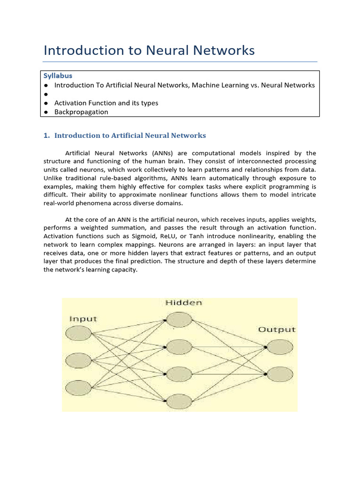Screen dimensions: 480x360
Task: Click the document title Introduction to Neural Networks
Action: (x=149, y=50)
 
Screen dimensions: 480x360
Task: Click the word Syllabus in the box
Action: (x=58, y=75)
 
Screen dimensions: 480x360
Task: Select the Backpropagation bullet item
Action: (x=81, y=112)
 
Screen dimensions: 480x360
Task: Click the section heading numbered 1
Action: (x=125, y=135)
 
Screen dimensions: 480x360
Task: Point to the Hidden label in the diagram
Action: (x=184, y=303)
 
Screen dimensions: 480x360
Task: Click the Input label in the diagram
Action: (x=83, y=319)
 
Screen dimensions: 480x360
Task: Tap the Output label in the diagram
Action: (x=277, y=330)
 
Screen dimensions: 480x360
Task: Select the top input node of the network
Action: (x=78, y=333)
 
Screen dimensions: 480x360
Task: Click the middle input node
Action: (x=78, y=360)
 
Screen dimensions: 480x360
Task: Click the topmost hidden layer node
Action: (x=179, y=320)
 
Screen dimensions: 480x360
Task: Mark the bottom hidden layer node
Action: (x=179, y=401)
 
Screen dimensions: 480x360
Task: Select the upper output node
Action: (x=280, y=347)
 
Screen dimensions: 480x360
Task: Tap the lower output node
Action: (x=280, y=374)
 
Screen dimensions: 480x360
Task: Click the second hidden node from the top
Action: (x=179, y=347)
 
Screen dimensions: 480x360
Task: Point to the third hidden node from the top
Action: (x=179, y=374)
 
